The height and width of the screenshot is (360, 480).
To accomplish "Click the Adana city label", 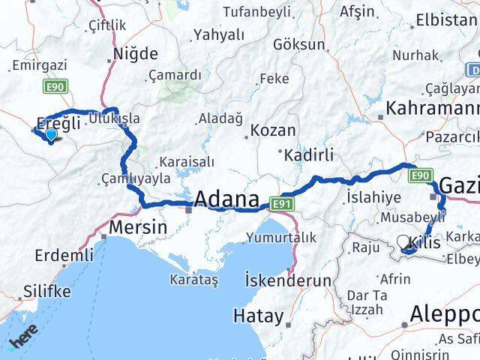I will [226, 200].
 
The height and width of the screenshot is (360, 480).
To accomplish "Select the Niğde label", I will [135, 54].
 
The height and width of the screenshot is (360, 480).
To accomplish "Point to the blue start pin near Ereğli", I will [50, 136].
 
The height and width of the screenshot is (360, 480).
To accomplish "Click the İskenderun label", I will [288, 280].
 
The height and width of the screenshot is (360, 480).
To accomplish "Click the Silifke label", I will [46, 291].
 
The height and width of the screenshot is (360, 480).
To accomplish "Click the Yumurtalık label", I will [280, 238].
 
